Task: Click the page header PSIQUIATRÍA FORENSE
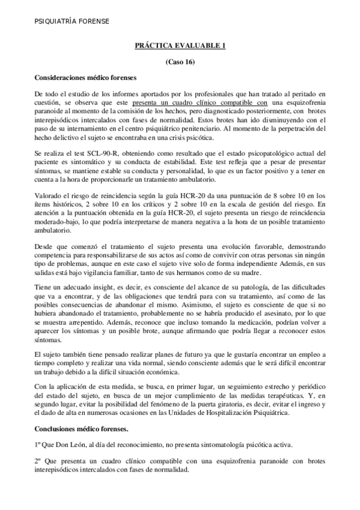click(x=72, y=22)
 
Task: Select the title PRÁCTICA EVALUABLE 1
click(x=180, y=47)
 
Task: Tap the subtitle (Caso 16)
click(x=180, y=62)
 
